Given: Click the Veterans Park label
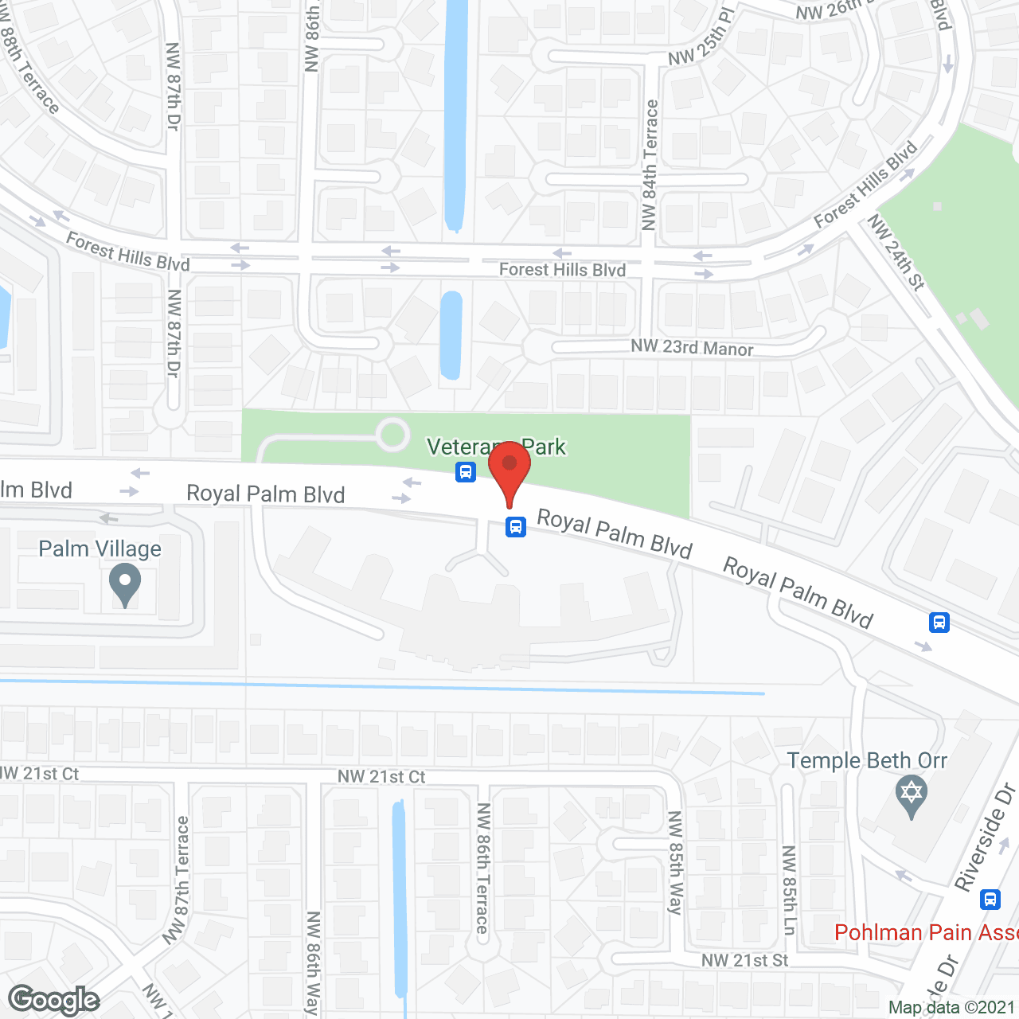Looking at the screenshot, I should coord(496,447).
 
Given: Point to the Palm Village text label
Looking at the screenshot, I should coord(100,549).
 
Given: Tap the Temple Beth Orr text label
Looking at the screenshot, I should coord(867,761).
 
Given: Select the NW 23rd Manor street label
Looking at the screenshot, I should coord(692,348).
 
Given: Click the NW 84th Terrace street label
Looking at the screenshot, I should coord(650,165).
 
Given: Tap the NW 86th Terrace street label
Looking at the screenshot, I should coord(482,868).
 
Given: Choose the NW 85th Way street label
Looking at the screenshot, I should coord(675,863).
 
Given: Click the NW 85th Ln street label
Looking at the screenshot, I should coord(788,890).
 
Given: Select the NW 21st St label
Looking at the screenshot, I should coord(744,961).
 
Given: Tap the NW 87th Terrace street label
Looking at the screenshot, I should coord(178,880).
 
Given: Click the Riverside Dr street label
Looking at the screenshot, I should coord(985,837).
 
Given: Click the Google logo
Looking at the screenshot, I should coord(54,1000).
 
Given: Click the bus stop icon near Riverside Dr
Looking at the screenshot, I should coord(990,899).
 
